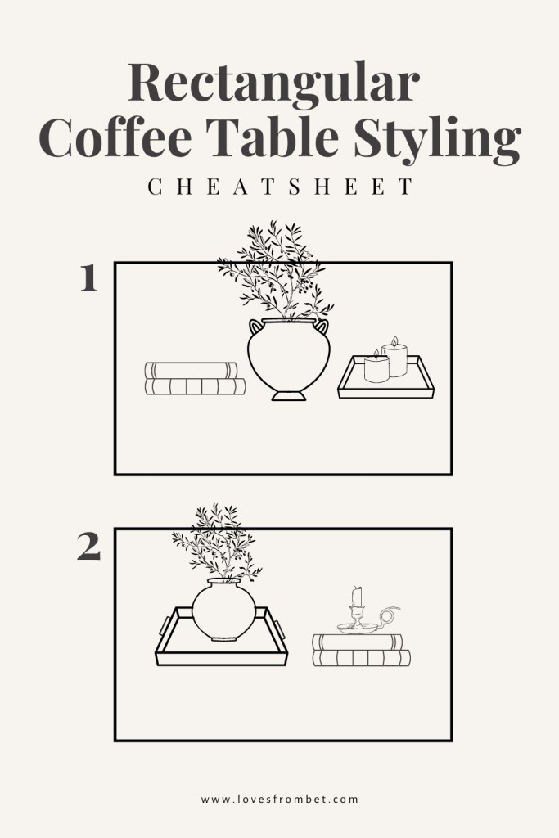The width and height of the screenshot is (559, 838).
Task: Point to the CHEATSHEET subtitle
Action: coord(279,187)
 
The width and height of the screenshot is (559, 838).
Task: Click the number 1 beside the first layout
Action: coord(89,280)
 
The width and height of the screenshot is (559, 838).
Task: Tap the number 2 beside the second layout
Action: coord(88,547)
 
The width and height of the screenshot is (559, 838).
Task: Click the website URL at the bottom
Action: coord(279,799)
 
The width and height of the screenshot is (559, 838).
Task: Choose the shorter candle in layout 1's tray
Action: coord(376,367)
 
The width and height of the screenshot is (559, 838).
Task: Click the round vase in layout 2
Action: coord(223,610)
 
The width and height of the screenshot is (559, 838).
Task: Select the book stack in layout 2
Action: coord(361,651)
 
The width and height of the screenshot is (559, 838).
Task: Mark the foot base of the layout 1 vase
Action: coord(289,396)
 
